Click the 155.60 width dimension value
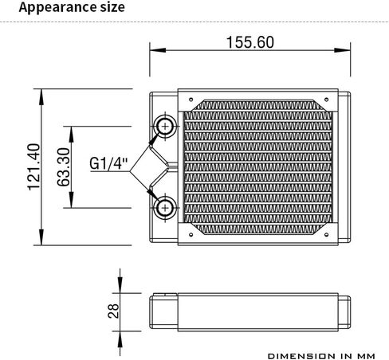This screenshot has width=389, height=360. pyautogui.click(x=250, y=42)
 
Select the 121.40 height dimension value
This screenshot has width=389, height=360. pyautogui.click(x=34, y=167)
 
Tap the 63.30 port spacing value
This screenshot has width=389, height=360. pyautogui.click(x=64, y=167)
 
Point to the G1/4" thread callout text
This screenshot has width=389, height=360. pyautogui.click(x=108, y=163)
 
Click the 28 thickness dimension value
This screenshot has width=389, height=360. pyautogui.click(x=113, y=311)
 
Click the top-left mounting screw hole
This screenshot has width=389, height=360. pyautogui.click(x=191, y=100)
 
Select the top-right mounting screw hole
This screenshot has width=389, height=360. pyautogui.click(x=327, y=100)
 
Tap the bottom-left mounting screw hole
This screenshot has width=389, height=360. pyautogui.click(x=191, y=235)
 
